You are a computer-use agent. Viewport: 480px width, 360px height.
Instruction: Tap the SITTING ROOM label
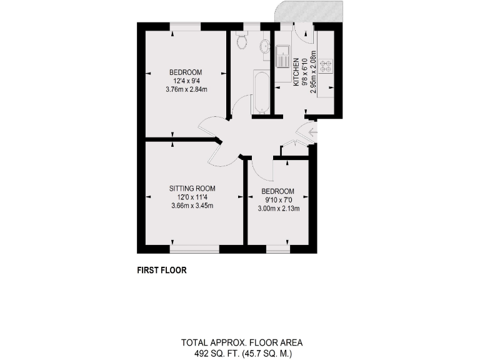(192, 188)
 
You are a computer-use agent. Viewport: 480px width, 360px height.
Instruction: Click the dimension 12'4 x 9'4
(186, 81)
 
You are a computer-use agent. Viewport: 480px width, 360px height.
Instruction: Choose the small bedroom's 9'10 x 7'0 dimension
(277, 200)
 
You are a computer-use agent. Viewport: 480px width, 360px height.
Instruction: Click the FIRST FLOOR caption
(162, 271)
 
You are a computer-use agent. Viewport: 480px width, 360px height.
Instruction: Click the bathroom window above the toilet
(251, 26)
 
